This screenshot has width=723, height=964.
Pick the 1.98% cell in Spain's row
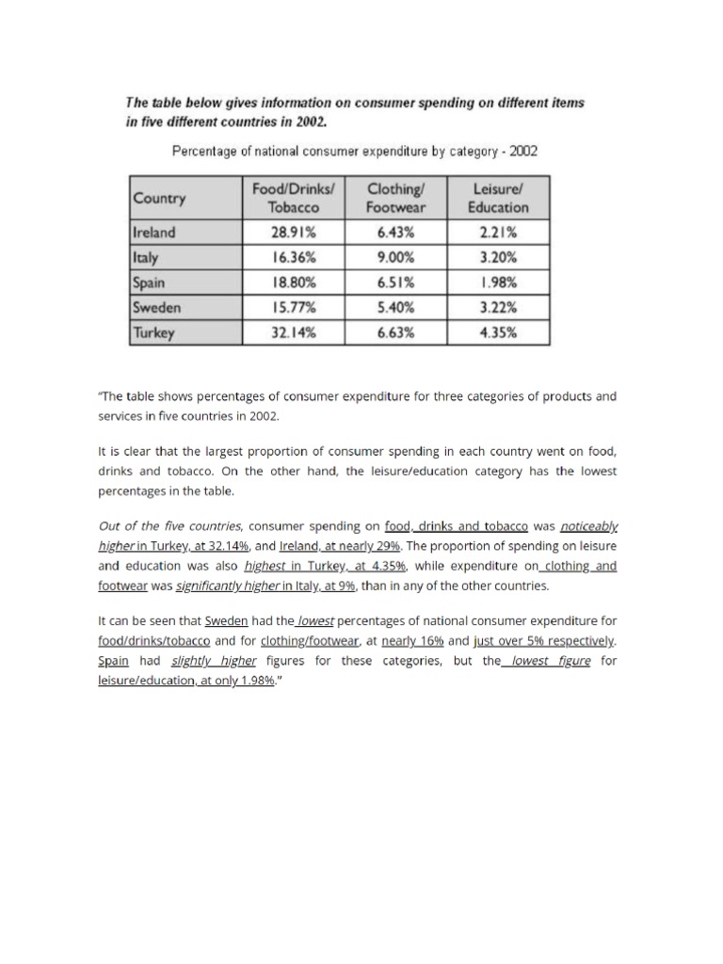tap(498, 281)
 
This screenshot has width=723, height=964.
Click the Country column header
tap(160, 199)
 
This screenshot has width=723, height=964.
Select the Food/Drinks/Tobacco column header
tap(288, 198)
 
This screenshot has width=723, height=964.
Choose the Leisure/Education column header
tap(498, 198)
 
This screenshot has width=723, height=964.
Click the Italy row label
tap(146, 256)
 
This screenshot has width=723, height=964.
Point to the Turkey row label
tap(153, 332)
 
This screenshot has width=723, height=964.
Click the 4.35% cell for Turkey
tap(498, 332)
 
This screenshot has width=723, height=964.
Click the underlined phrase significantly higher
tap(214, 586)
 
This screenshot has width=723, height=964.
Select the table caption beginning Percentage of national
tap(353, 151)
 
